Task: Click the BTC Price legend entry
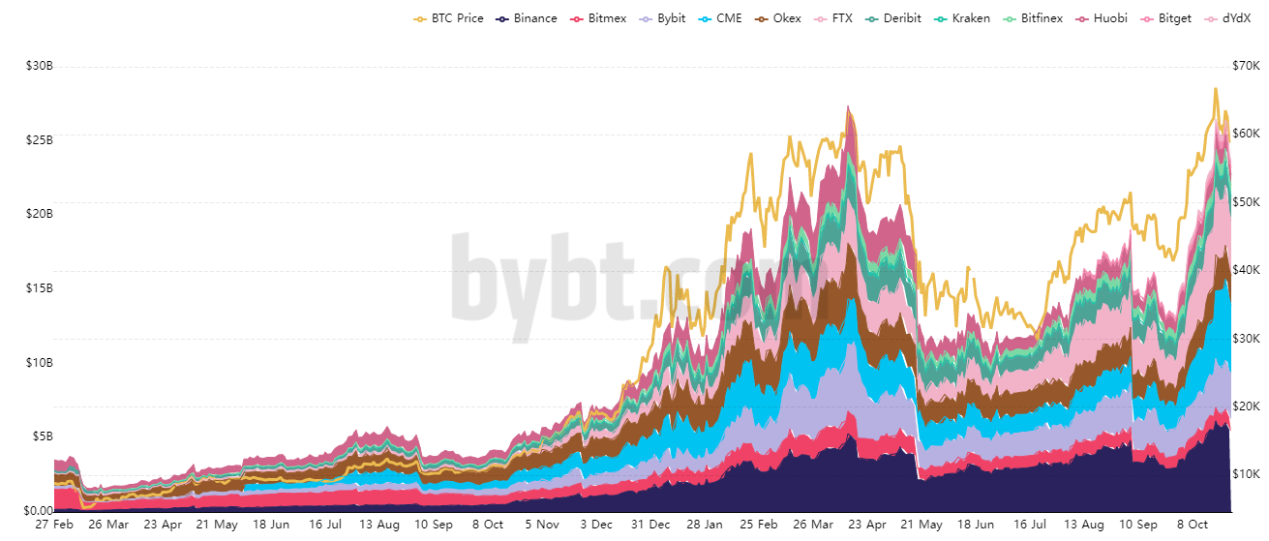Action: click(x=448, y=18)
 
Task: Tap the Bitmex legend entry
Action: click(x=599, y=18)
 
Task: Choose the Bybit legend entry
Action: click(x=664, y=18)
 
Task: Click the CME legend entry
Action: click(x=721, y=18)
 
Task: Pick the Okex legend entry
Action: click(x=779, y=18)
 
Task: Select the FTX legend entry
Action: click(x=834, y=18)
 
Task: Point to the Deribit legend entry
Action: click(x=893, y=18)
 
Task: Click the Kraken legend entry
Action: click(x=963, y=18)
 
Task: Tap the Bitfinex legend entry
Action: click(x=1034, y=18)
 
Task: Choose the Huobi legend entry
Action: click(x=1104, y=18)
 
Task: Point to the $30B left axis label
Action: click(x=40, y=66)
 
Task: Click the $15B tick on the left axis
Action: click(x=40, y=288)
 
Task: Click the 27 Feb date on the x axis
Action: click(x=54, y=525)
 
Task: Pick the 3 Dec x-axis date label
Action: click(x=596, y=525)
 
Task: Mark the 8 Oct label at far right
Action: click(x=1193, y=525)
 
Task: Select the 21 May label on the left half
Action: click(x=217, y=525)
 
